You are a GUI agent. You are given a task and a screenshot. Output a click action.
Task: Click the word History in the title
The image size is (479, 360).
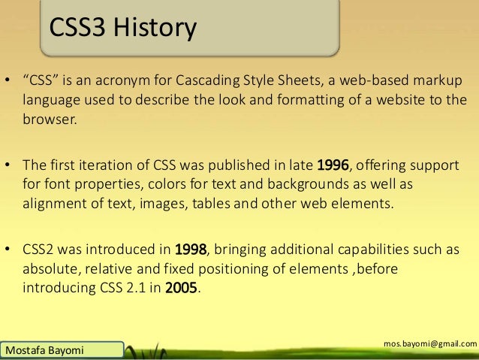[x=154, y=29]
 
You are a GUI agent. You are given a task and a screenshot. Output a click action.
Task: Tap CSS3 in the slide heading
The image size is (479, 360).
[x=77, y=29]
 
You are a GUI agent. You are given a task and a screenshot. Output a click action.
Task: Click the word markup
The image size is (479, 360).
[x=436, y=81]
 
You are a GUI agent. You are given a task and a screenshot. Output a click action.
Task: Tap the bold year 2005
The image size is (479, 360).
[x=182, y=288]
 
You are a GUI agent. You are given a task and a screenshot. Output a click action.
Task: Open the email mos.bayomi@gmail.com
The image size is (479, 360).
[x=429, y=343]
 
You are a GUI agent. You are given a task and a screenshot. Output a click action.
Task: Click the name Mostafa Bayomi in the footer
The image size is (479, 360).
[x=43, y=350]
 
